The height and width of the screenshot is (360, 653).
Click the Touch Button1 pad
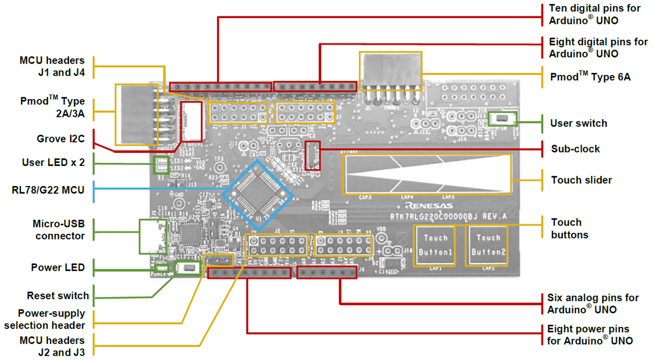[435, 245]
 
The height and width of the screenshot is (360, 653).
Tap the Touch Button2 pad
[488, 245]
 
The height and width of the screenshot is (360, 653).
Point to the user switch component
[499, 117]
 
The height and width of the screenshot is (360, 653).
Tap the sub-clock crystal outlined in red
[312, 155]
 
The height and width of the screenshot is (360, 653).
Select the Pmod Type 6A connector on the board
[390, 75]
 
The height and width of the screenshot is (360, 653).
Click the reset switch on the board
[187, 268]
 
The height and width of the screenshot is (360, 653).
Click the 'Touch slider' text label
[581, 180]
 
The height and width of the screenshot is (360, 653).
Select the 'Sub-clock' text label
[575, 148]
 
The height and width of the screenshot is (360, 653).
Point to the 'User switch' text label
[578, 123]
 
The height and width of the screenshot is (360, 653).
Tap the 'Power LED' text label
[58, 268]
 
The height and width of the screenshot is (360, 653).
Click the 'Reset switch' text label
[58, 296]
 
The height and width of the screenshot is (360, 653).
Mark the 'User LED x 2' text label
[53, 162]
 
